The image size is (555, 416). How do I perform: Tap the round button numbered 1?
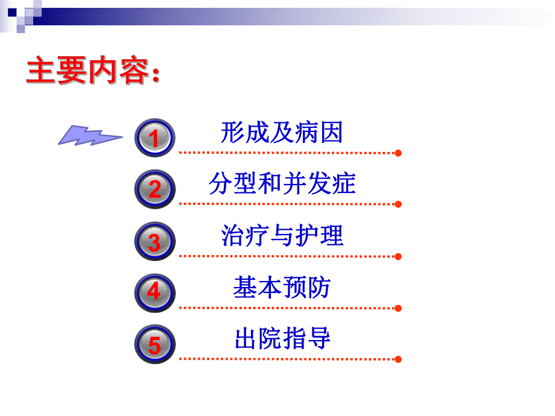pyautogui.click(x=154, y=138)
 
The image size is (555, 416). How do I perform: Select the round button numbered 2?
pyautogui.click(x=154, y=189)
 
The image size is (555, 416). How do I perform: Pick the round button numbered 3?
pyautogui.click(x=154, y=242)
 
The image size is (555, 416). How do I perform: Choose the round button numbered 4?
pyautogui.click(x=154, y=293)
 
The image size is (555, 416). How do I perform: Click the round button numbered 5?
pyautogui.click(x=154, y=345)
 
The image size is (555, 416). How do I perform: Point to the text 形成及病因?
pyautogui.click(x=282, y=132)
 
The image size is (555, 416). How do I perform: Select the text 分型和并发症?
pyautogui.click(x=282, y=184)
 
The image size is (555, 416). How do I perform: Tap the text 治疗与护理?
pyautogui.click(x=282, y=236)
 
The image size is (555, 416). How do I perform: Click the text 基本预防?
pyautogui.click(x=282, y=288)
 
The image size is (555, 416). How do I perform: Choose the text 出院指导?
pyautogui.click(x=282, y=339)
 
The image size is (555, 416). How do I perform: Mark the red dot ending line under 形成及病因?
pyautogui.click(x=398, y=153)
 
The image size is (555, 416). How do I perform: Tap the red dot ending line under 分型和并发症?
pyautogui.click(x=398, y=204)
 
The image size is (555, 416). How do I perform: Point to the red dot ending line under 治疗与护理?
pyautogui.click(x=398, y=257)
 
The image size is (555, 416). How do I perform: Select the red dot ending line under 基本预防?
pyautogui.click(x=398, y=308)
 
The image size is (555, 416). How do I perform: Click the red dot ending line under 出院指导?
pyautogui.click(x=398, y=359)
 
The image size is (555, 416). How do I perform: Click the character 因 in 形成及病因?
pyautogui.click(x=331, y=132)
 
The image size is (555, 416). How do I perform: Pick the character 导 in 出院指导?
pyautogui.click(x=319, y=339)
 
